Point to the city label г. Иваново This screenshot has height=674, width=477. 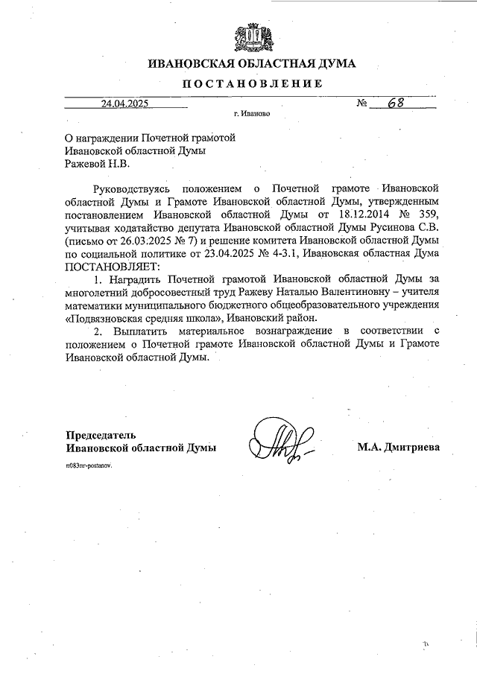251,115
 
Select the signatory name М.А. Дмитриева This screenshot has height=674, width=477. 398,448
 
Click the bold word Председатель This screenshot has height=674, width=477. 101,435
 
